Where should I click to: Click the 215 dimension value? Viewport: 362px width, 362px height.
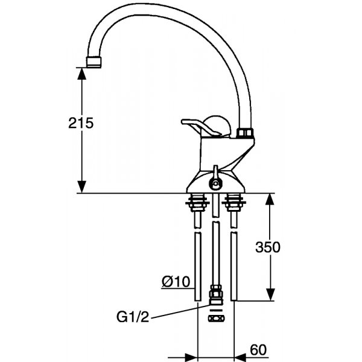[81, 123]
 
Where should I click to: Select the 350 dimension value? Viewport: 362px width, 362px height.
[268, 247]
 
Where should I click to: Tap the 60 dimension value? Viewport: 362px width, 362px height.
[258, 350]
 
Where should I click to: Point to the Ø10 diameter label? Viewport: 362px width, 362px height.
[176, 281]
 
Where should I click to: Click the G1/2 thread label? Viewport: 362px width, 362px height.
[133, 317]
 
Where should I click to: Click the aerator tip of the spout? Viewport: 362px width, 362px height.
[94, 62]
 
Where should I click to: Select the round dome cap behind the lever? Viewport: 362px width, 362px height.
[217, 126]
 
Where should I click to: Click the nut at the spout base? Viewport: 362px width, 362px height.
[245, 133]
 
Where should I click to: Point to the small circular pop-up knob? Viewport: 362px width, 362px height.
[215, 183]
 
